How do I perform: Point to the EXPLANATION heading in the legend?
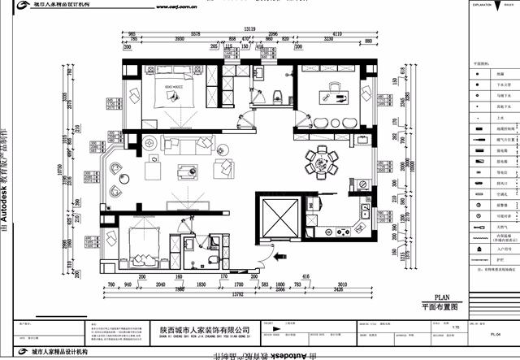pyautogui.click(x=485, y=4)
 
